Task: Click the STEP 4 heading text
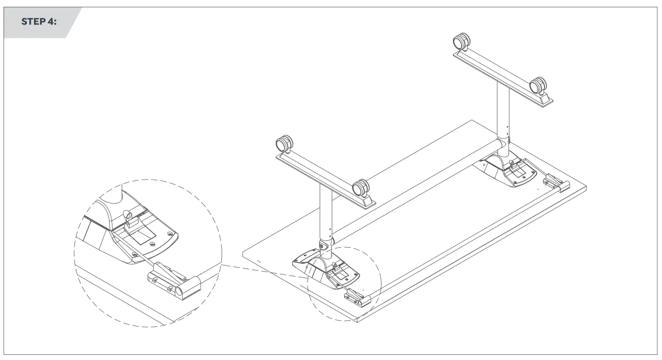pos(39,22)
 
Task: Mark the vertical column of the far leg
pos(502,112)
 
